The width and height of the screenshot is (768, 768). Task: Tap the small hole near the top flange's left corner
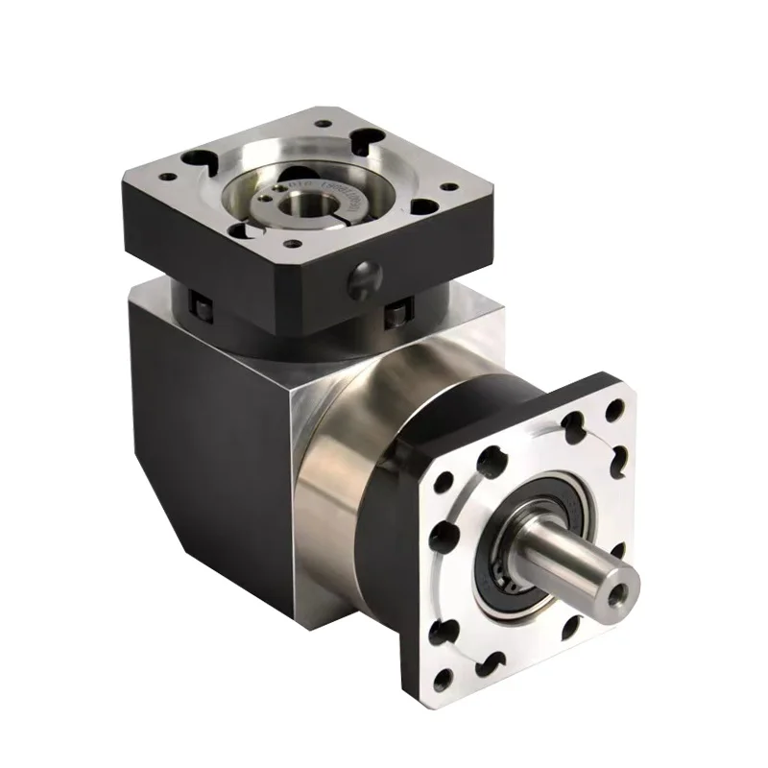[166, 176]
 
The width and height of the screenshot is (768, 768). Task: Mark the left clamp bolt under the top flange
[203, 307]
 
